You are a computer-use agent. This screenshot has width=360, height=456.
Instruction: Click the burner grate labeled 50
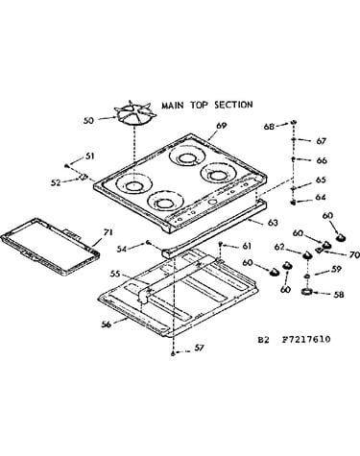[x=136, y=114]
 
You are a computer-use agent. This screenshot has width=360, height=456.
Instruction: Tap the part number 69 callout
[x=221, y=126]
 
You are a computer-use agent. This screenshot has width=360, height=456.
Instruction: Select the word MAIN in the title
[x=173, y=106]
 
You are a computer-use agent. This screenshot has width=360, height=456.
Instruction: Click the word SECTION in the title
[x=233, y=105]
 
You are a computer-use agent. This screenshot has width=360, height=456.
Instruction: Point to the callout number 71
[x=108, y=232]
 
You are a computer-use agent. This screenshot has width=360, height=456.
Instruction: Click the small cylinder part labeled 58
[x=307, y=292]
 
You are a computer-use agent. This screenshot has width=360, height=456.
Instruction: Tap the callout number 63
[x=273, y=223]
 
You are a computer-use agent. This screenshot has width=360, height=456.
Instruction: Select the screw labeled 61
[x=221, y=245]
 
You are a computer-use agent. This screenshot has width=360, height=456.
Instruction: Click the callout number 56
[x=106, y=324]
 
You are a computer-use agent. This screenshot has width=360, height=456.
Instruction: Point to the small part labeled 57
[x=173, y=353]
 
